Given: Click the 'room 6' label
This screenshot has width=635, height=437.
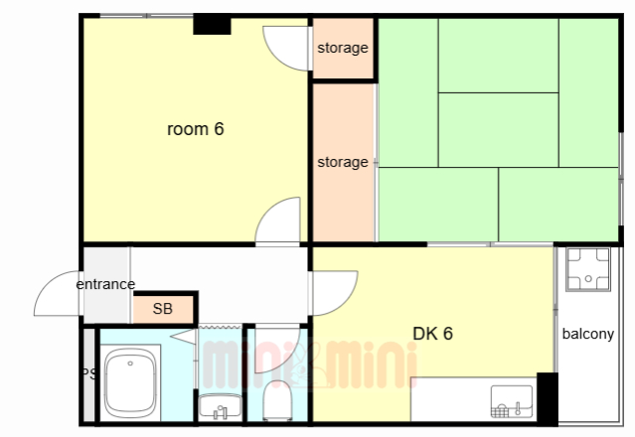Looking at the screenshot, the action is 195,129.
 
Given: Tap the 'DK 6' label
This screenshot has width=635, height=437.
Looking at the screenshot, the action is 432,334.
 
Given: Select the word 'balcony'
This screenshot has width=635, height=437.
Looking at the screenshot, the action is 588,334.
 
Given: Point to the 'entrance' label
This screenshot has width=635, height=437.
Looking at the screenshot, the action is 105,284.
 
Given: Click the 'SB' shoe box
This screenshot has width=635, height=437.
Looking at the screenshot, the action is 163,309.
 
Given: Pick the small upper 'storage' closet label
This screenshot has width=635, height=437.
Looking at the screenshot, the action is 343,48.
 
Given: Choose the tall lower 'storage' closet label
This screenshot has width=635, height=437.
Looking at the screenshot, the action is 343,162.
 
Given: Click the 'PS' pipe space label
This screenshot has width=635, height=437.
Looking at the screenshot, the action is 89,373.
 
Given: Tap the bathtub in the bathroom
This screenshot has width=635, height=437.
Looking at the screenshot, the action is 130,382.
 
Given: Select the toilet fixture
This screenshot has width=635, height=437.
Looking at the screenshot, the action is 277,400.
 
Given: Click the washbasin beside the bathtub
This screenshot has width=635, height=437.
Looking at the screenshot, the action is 221,406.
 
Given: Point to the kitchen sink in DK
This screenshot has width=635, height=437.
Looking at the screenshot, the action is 512,401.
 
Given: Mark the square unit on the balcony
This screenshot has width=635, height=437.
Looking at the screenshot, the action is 588,269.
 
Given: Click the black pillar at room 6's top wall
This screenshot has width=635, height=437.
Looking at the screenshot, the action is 212,25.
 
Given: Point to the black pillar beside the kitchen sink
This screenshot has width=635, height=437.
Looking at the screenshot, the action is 548,399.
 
